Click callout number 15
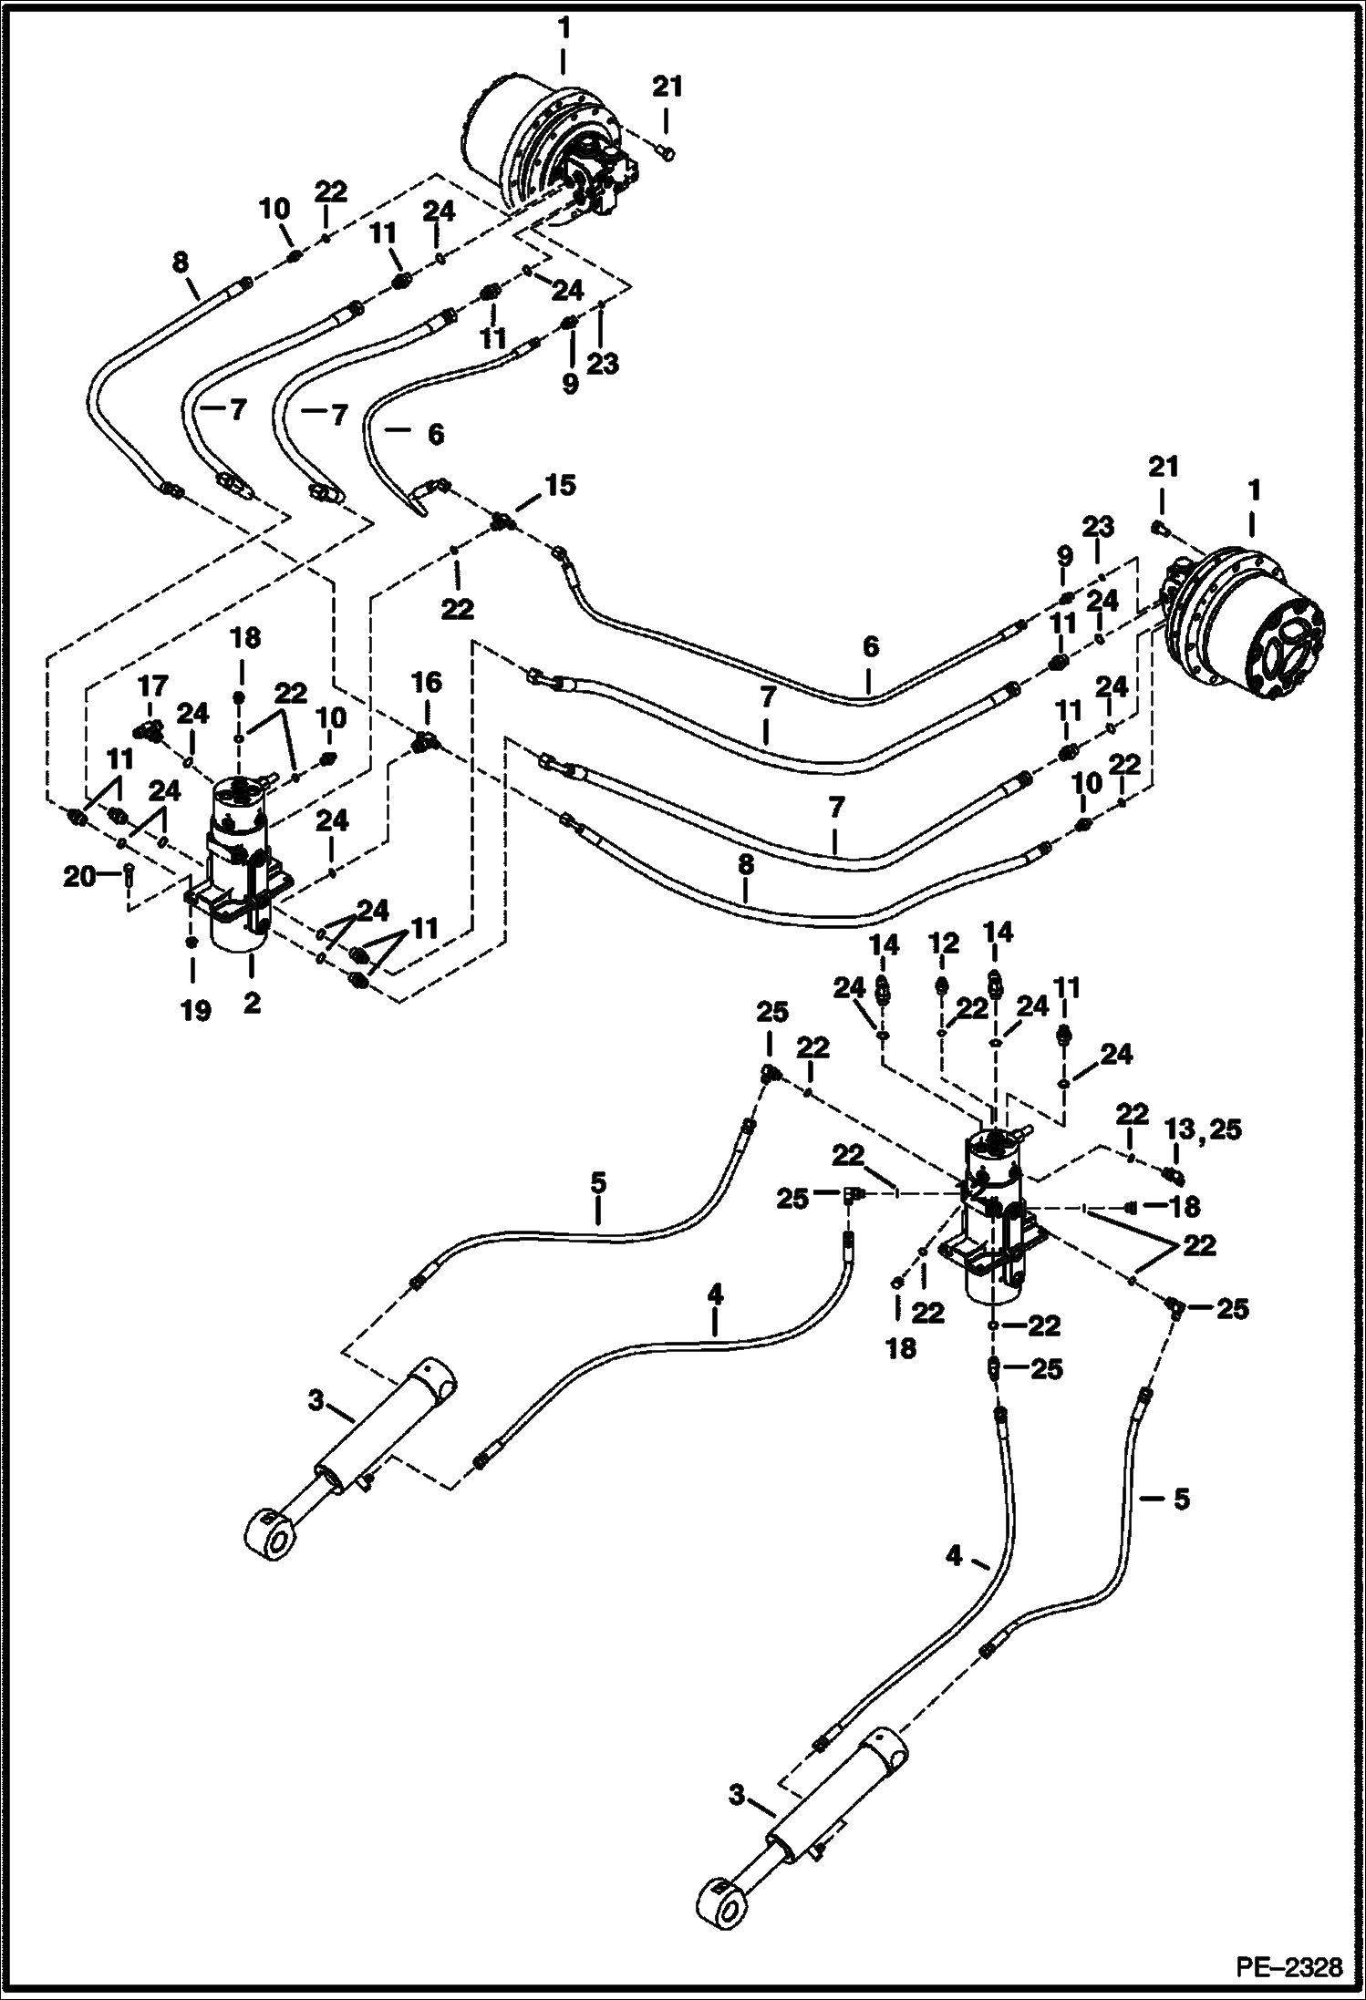tap(562, 485)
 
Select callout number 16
tap(426, 682)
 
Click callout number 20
tap(80, 877)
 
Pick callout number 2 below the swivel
tap(251, 1003)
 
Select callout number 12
tap(944, 943)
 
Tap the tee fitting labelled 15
tap(501, 522)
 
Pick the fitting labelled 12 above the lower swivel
tap(942, 985)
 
